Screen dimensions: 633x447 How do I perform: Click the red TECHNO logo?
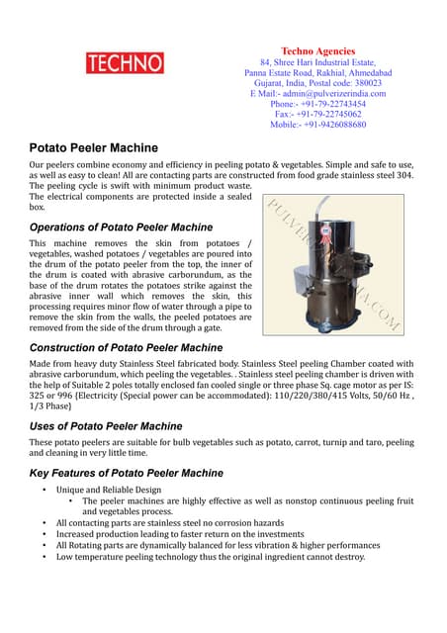[x=126, y=63]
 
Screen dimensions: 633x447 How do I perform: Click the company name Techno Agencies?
[x=317, y=50]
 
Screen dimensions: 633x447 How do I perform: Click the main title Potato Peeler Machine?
[x=93, y=146]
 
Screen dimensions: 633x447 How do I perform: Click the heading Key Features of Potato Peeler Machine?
[x=126, y=473]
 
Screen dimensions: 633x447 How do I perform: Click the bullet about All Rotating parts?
[x=218, y=545]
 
